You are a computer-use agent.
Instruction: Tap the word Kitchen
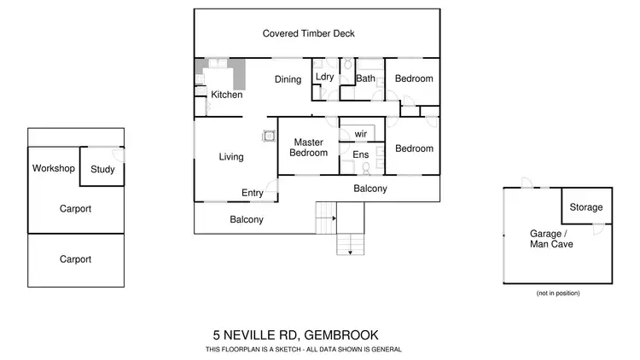[x=227, y=95]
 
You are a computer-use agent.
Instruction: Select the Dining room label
[x=288, y=80]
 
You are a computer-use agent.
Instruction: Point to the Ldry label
[x=324, y=78]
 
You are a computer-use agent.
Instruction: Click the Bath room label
[x=365, y=79]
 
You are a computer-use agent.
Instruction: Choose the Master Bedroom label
[x=308, y=148]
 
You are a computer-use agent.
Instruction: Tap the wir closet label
[x=360, y=133]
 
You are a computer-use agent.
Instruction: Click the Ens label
[x=360, y=154]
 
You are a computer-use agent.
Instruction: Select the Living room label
[x=231, y=157]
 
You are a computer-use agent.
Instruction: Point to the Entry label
[x=253, y=193]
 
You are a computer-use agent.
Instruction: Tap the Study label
[x=102, y=169]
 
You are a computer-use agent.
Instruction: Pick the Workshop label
[x=54, y=168]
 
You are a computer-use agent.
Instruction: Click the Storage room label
[x=586, y=207]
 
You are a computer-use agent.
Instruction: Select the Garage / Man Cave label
[x=550, y=239]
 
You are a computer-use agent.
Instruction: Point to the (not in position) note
[x=558, y=293]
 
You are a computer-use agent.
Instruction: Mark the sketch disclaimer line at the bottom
[x=303, y=350]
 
